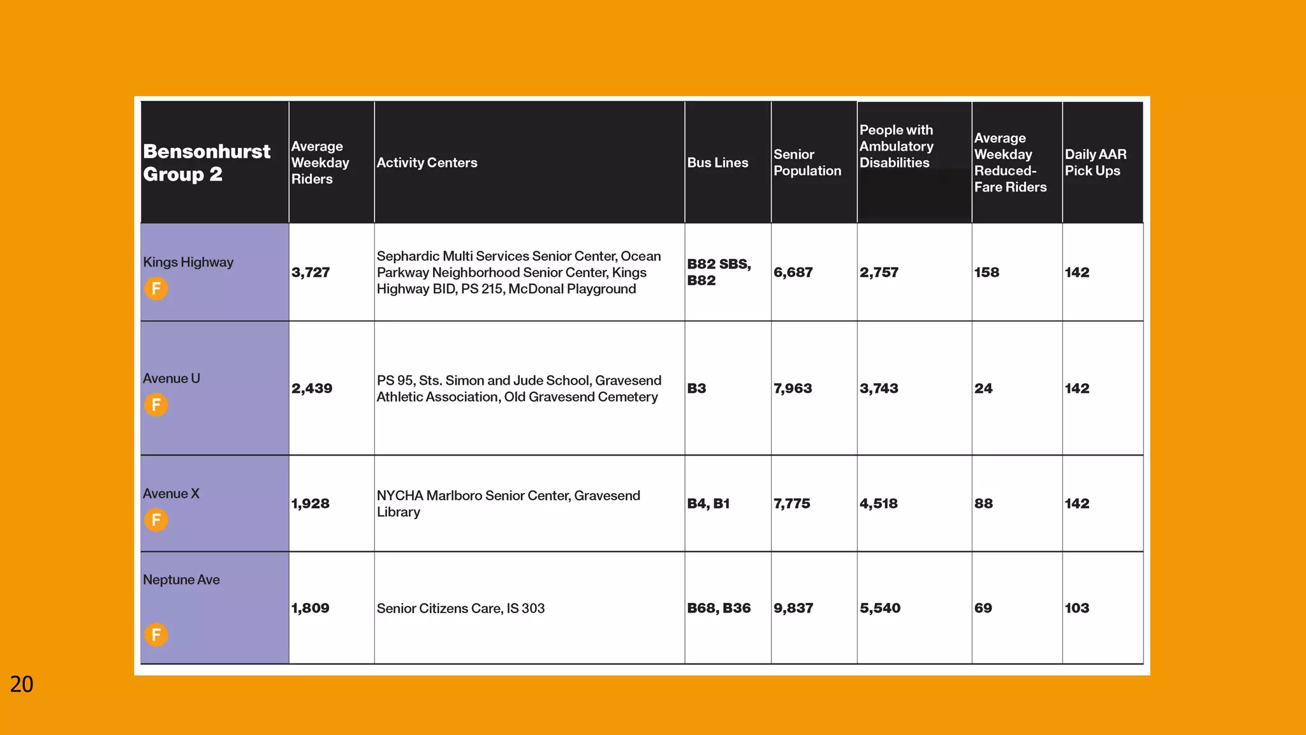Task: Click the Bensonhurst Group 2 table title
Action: coord(207,163)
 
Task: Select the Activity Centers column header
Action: coord(427,163)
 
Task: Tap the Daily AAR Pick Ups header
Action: coord(1095,163)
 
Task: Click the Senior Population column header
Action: coord(807,163)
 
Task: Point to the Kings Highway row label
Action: coord(188,262)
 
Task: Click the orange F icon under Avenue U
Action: coord(156,405)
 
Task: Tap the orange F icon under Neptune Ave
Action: coord(156,635)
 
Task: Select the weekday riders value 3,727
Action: coord(311,272)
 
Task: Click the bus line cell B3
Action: coord(696,389)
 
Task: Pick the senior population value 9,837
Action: coord(793,608)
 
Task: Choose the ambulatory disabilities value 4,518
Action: coord(878,503)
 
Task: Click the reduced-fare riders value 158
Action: coord(987,272)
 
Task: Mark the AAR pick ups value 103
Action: coord(1076,608)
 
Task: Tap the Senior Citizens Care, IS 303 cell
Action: coord(460,609)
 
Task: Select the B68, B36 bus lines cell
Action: coord(719,608)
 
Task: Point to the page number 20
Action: coord(22,684)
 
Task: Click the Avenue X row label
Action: coord(171,494)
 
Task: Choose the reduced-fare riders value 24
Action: coord(983,389)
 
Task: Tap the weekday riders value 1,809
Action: coord(310,608)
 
